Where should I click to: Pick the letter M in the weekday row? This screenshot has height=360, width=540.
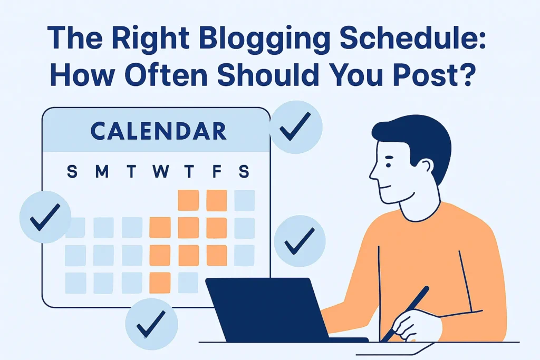pos(102,172)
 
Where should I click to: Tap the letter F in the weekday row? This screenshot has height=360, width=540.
pos(216,172)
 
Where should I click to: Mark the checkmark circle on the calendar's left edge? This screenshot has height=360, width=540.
pos(45,217)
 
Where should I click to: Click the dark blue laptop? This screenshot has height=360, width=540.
pos(264,311)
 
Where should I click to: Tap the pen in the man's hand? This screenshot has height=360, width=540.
pos(405,313)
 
